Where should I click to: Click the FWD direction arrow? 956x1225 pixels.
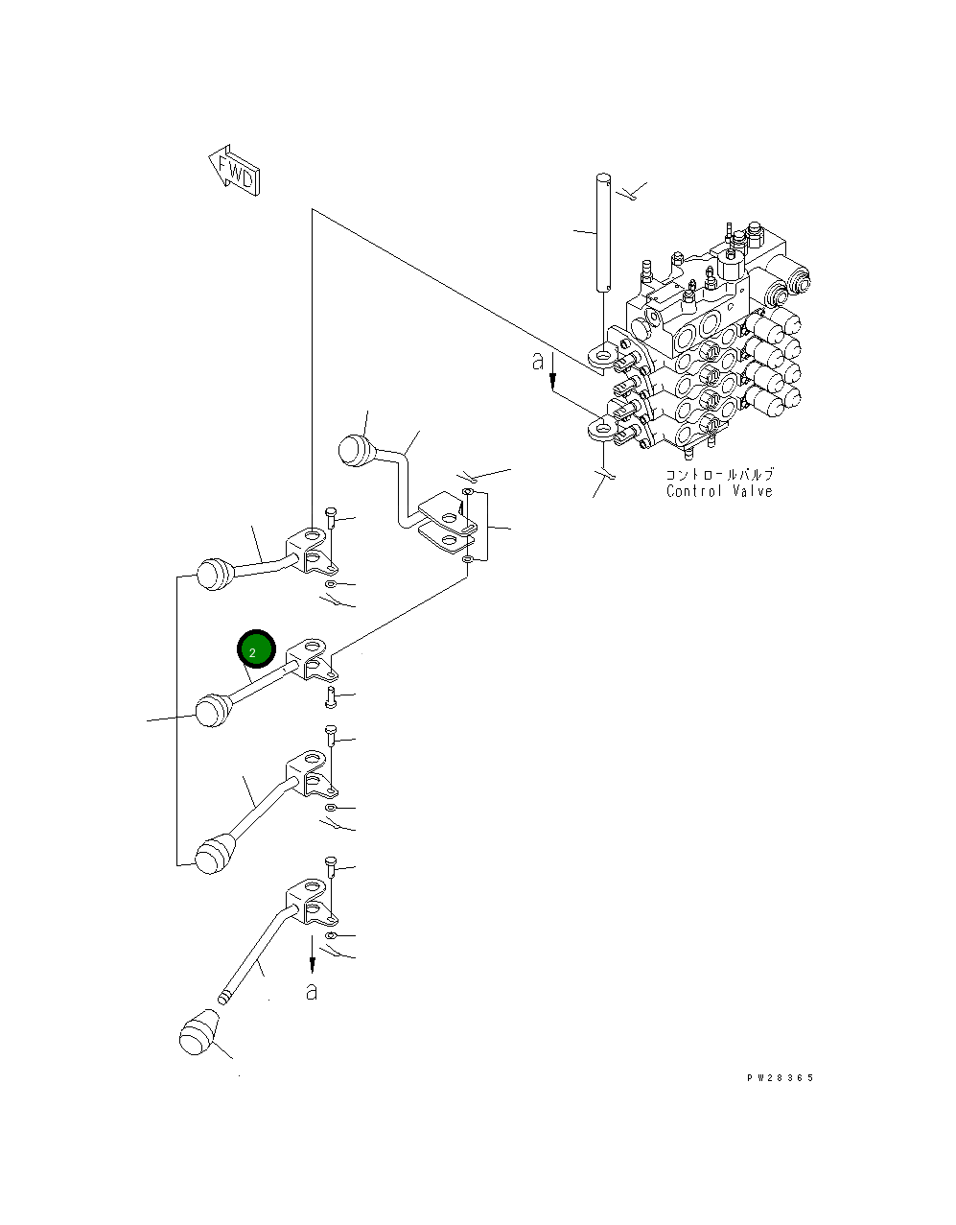coord(233,172)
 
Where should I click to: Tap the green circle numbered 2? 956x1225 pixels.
coord(256,651)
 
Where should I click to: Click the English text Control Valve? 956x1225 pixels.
coord(719,491)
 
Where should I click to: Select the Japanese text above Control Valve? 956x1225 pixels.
coord(719,475)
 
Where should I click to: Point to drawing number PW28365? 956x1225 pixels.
coord(780,1078)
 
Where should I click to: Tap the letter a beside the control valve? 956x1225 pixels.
coord(538,362)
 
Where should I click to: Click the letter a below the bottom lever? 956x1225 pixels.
coord(311,991)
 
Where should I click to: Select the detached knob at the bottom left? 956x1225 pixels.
coord(198,1037)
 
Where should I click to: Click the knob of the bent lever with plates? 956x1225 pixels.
coord(355,449)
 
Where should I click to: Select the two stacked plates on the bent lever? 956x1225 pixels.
coord(449,523)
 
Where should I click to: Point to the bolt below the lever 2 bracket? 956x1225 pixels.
coord(331,695)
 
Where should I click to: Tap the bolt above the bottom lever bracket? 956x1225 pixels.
coord(331,867)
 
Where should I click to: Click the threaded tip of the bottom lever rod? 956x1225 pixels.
coord(226,997)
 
